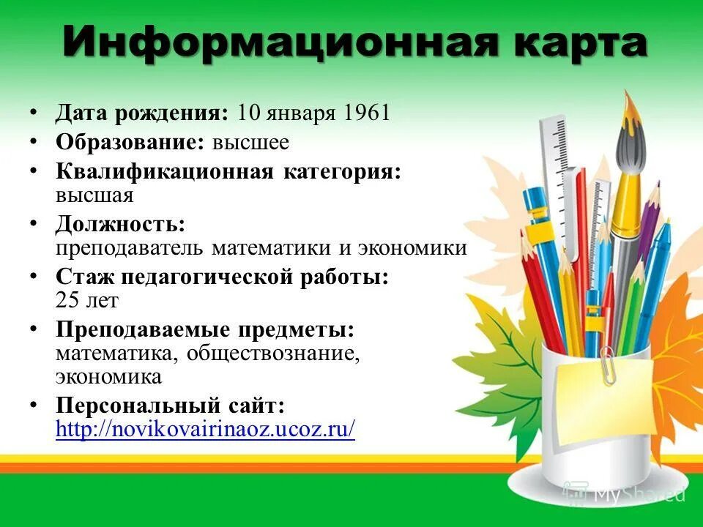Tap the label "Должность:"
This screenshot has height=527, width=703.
pos(120,223)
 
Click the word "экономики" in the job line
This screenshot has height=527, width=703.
pos(412,247)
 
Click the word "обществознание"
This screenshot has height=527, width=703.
pos(272,354)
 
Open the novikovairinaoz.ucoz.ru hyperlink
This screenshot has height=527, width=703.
pos(206,429)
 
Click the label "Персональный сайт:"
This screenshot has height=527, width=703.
pos(170,405)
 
